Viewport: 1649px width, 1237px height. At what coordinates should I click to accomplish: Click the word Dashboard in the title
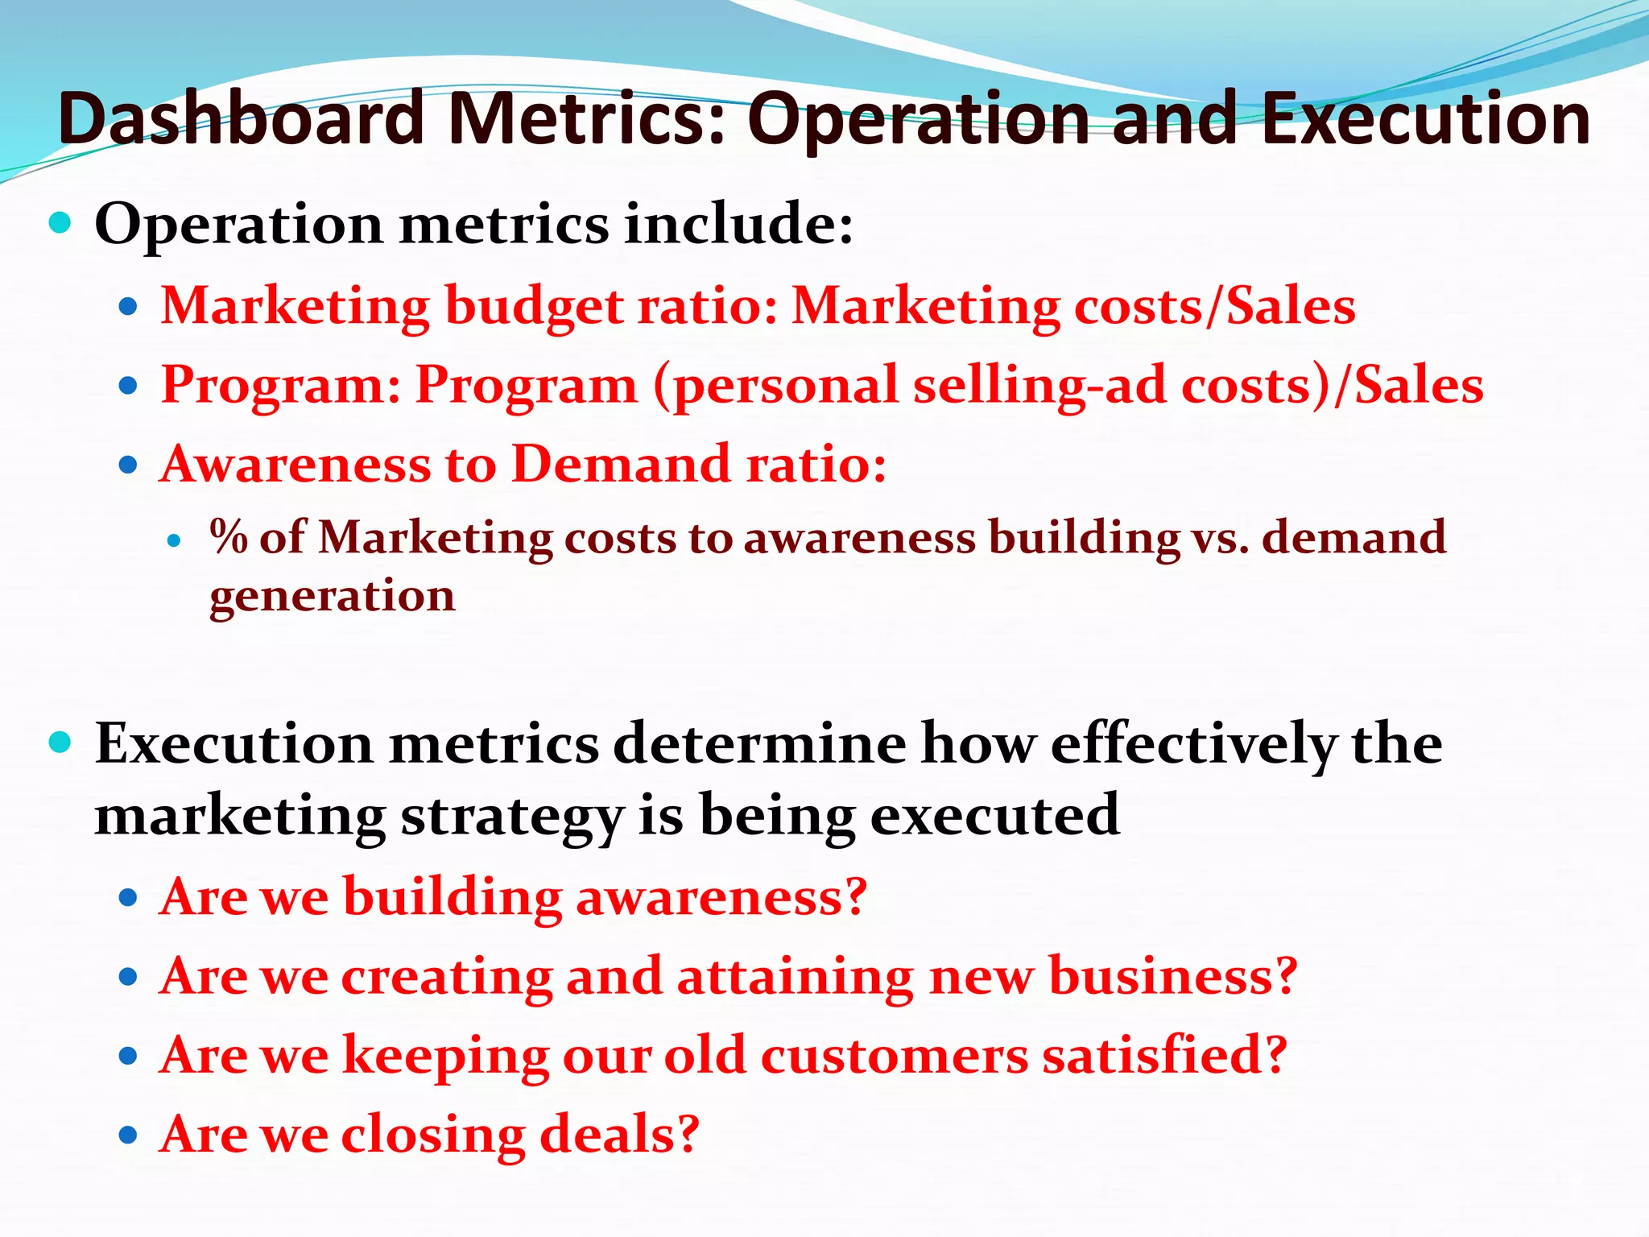[240, 119]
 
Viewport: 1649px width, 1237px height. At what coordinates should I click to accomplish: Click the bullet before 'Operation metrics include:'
[60, 222]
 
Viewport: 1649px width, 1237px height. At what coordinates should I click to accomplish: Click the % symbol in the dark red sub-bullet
[229, 536]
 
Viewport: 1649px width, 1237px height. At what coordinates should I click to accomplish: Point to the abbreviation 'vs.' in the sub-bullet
[1221, 538]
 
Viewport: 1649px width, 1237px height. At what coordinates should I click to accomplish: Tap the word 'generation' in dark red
[332, 598]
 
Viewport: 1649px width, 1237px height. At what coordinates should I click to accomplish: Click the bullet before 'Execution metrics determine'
[60, 742]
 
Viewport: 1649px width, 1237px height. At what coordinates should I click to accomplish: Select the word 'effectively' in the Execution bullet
[1192, 743]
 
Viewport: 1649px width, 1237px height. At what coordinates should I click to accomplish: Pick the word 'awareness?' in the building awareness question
[721, 896]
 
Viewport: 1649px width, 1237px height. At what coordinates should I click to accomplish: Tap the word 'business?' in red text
[1173, 976]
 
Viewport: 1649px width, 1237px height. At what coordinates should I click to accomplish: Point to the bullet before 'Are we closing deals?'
[128, 1136]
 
